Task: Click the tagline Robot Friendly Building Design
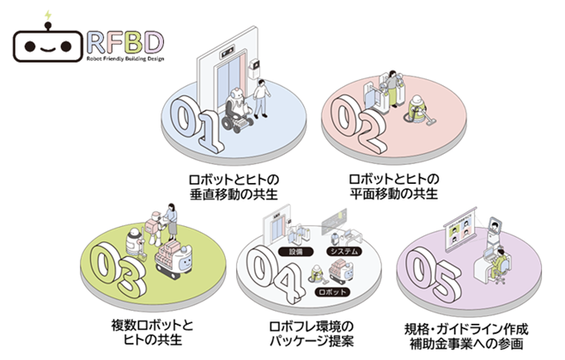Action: [x=128, y=60]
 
